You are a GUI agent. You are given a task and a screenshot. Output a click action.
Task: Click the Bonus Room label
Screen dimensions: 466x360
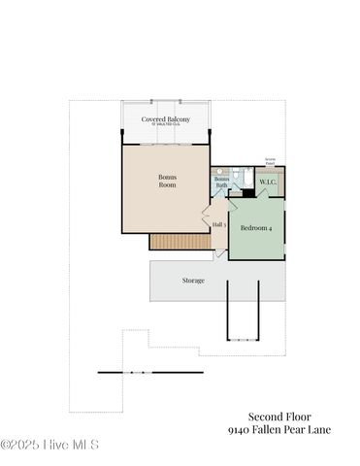coord(168,181)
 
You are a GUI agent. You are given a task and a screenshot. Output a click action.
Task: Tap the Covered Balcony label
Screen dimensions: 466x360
coord(166,118)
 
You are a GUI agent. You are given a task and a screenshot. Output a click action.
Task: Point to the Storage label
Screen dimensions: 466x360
coord(193,280)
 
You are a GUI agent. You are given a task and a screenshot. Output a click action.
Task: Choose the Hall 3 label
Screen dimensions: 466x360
coord(218,225)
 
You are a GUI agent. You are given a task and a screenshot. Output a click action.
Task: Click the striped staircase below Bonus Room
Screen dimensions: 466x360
coord(180,241)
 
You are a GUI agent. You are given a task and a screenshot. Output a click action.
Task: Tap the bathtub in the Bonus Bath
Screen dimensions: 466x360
coord(246,181)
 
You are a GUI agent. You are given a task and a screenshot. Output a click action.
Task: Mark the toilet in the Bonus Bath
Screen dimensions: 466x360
coord(236,173)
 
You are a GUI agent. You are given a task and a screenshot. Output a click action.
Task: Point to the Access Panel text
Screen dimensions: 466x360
coord(270,160)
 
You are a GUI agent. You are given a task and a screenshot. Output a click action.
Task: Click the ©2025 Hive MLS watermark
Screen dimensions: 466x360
coord(49,446)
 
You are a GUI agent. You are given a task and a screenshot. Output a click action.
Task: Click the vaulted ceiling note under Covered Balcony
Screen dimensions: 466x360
coord(166,125)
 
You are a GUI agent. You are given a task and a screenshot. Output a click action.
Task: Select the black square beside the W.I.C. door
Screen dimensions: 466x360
coord(249,192)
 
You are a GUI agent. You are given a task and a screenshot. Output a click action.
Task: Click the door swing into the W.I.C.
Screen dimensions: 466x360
coord(263,193)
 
